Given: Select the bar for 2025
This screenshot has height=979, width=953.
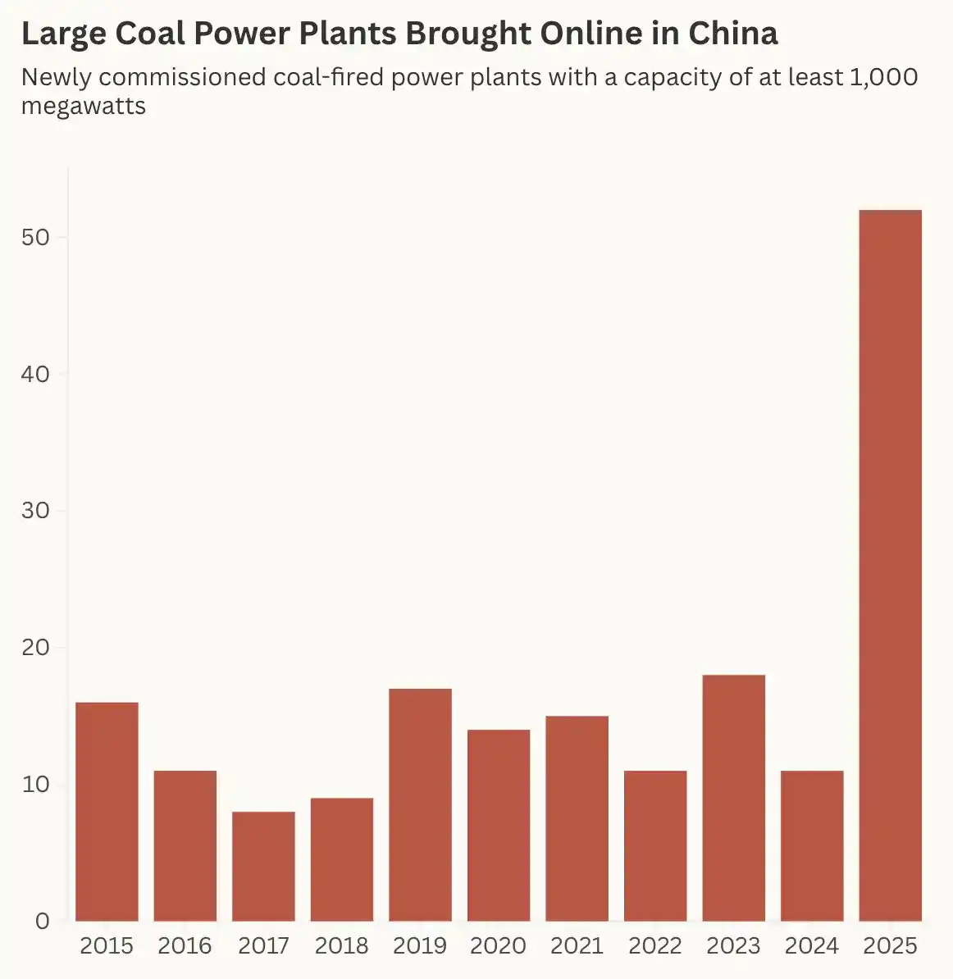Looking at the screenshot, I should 890,566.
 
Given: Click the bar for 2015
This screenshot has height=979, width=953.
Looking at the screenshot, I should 107,812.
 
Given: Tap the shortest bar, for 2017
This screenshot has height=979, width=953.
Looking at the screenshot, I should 263,866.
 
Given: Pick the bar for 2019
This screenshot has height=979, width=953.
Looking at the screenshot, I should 420,804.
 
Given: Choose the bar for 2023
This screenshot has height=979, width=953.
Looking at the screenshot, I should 733,798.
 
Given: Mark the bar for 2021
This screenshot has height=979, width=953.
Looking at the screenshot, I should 577,818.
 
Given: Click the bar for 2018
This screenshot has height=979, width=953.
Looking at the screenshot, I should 342,859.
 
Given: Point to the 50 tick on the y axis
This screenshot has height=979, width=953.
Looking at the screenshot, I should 35,238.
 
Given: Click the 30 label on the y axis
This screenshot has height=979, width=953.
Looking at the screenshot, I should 35,511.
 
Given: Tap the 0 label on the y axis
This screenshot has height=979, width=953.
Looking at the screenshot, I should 42,922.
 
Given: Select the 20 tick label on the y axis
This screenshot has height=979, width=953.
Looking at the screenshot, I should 35,648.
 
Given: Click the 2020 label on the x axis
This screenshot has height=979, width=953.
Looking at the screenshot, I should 498,946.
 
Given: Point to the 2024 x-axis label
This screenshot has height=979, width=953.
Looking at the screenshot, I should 811,946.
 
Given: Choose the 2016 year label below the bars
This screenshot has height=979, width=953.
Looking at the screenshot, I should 185,946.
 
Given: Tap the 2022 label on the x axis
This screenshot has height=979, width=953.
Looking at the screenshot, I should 654,946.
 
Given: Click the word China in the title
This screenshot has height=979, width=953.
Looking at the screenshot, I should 732,34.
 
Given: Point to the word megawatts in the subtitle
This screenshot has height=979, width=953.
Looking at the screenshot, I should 84,106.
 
